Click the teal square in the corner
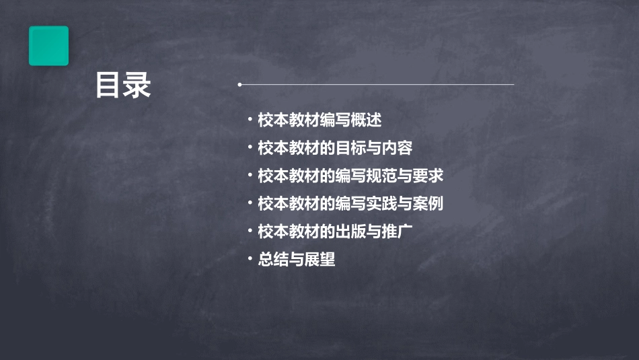48,46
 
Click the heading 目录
123,85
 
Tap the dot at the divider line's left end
239,85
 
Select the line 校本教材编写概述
319,120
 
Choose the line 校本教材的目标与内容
335,148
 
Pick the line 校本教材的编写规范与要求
350,176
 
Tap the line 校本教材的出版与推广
335,231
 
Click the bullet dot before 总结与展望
250,258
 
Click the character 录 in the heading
138,85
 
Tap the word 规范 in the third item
381,176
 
